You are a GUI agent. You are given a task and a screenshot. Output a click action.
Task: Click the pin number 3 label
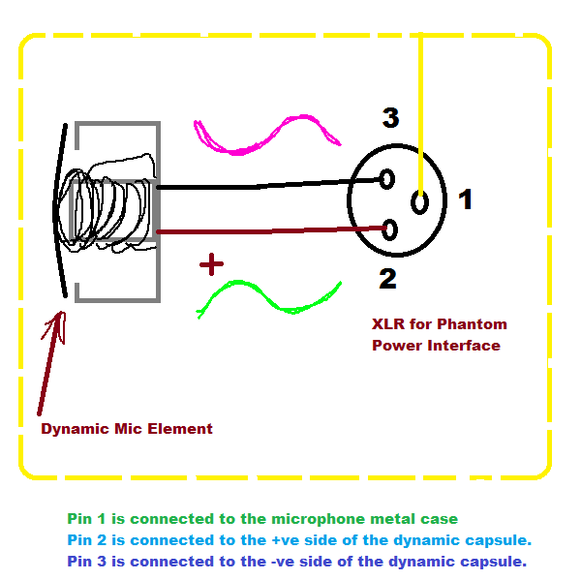pyautogui.click(x=390, y=119)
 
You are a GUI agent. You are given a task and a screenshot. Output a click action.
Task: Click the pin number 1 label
pyautogui.click(x=465, y=199)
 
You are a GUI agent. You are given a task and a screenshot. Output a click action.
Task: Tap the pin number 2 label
pyautogui.click(x=387, y=279)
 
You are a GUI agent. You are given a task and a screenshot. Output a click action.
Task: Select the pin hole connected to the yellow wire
pyautogui.click(x=420, y=203)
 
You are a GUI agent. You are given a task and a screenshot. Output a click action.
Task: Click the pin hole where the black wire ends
pyautogui.click(x=387, y=179)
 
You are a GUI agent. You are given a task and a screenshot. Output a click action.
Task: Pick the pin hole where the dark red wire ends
pyautogui.click(x=390, y=229)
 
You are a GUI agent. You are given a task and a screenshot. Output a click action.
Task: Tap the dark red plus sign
pyautogui.click(x=211, y=263)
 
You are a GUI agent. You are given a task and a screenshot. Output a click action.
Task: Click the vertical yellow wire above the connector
pyautogui.click(x=419, y=107)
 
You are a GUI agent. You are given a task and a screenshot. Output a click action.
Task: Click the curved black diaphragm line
pyautogui.click(x=58, y=208)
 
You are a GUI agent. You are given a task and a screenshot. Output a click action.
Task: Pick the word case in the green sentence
pyautogui.click(x=440, y=520)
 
